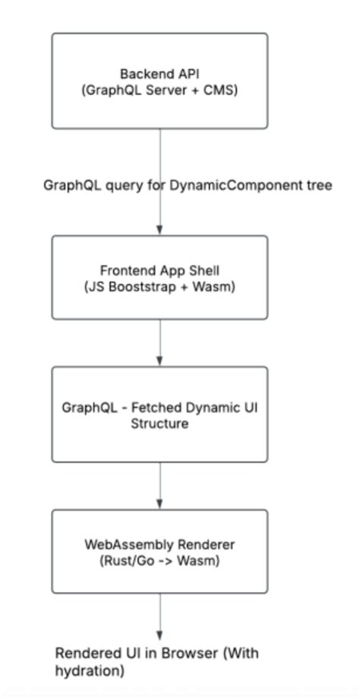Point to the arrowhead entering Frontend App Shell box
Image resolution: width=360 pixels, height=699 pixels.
click(x=159, y=230)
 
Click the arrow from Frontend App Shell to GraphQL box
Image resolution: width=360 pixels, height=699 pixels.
click(x=159, y=342)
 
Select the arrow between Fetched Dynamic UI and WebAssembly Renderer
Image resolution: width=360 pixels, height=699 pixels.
click(x=159, y=485)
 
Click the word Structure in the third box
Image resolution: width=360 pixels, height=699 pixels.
click(x=159, y=423)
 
